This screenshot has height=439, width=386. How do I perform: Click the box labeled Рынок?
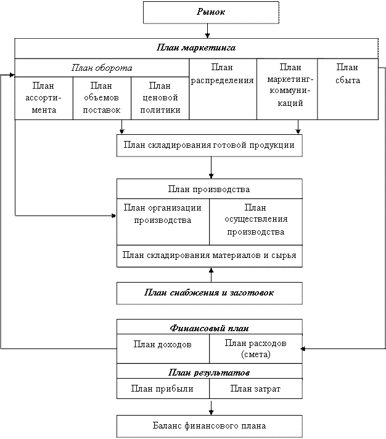(x=211, y=12)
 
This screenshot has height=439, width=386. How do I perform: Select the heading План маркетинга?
(x=196, y=47)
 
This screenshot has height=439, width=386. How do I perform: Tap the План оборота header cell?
(x=102, y=68)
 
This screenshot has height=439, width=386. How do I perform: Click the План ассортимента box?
(x=44, y=99)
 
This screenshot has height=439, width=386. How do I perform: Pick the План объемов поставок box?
(x=102, y=99)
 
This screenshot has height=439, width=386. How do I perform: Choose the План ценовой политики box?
(x=160, y=99)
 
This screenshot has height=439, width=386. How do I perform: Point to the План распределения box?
(x=223, y=89)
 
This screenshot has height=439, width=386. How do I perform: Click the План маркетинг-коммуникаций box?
(x=287, y=89)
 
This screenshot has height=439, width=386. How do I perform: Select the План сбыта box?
(x=348, y=89)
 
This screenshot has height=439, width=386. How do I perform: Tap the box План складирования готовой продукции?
(x=210, y=145)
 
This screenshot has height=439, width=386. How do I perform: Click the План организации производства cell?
(x=163, y=222)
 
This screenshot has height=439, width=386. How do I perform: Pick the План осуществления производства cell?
(x=256, y=222)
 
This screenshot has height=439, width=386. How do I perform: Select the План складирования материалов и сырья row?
(x=210, y=256)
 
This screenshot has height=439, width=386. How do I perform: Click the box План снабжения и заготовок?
(x=210, y=293)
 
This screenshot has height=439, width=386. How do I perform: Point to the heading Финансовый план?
(x=210, y=328)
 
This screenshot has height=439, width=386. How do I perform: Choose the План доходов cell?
(x=163, y=348)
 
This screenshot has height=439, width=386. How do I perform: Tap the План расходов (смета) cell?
(x=256, y=348)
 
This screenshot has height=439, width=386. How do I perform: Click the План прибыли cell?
(x=163, y=389)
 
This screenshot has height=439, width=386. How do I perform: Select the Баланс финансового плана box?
(x=210, y=426)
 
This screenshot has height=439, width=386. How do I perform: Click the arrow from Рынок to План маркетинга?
(x=207, y=31)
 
